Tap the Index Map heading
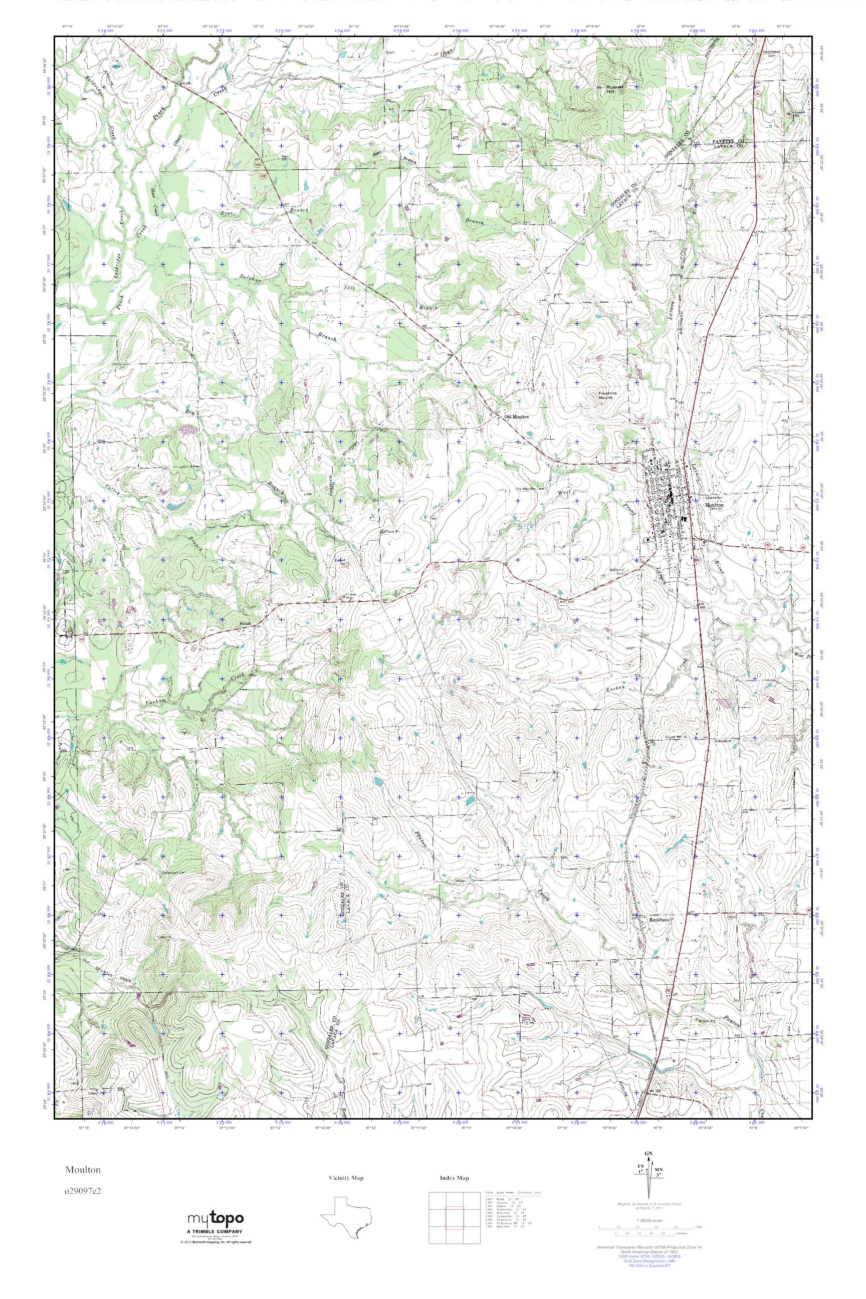click(454, 1178)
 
